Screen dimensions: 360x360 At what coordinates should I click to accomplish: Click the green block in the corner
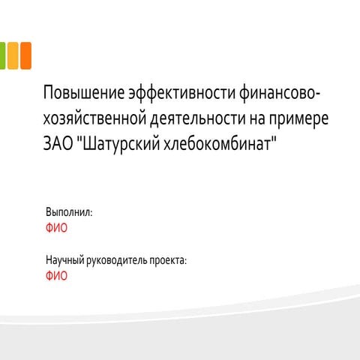(x=2, y=55)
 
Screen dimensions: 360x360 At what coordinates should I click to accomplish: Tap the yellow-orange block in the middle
(x=13, y=55)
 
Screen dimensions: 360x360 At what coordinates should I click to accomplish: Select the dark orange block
(x=25, y=55)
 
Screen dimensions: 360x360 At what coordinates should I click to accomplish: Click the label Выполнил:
(x=69, y=212)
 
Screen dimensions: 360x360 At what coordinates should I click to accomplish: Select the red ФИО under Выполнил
(x=56, y=228)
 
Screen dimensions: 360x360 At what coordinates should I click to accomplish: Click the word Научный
(x=66, y=260)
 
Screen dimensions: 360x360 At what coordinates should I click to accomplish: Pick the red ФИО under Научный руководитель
(x=56, y=276)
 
